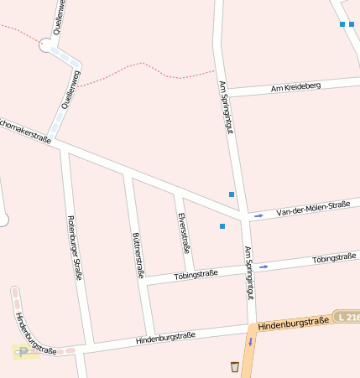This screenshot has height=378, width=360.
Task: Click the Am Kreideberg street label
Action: point(296,88)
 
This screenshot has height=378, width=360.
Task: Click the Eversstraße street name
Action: point(185,232)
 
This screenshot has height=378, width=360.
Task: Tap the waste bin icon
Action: point(235,366)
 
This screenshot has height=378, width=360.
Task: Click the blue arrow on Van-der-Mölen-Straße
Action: point(258,215)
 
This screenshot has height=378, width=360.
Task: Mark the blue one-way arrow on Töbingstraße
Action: point(264,267)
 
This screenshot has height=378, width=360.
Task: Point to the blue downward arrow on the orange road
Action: point(249,342)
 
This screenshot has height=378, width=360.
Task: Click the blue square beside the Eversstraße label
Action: point(222,226)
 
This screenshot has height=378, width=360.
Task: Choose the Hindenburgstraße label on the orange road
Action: point(293,323)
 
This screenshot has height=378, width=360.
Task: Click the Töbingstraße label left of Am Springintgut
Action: point(196,274)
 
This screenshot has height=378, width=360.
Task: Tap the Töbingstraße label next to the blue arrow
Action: point(334,258)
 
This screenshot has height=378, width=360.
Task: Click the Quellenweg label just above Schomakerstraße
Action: point(70,90)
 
